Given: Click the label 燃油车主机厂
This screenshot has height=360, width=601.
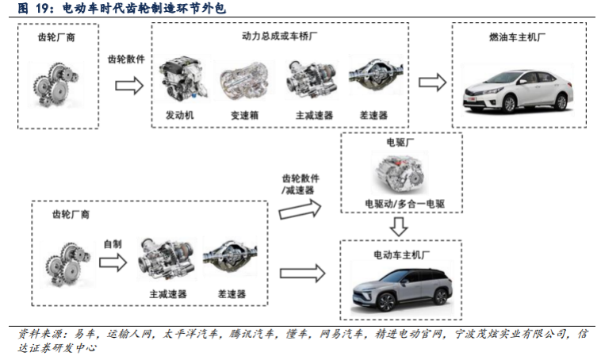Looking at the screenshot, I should [x=519, y=37].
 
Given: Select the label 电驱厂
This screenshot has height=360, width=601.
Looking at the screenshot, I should [x=401, y=144].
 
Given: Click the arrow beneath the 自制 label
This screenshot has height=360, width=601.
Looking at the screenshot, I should [x=113, y=263].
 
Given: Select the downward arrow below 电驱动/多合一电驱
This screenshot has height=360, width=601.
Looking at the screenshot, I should [x=400, y=227].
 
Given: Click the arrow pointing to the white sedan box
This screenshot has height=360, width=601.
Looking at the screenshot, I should [x=431, y=83].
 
